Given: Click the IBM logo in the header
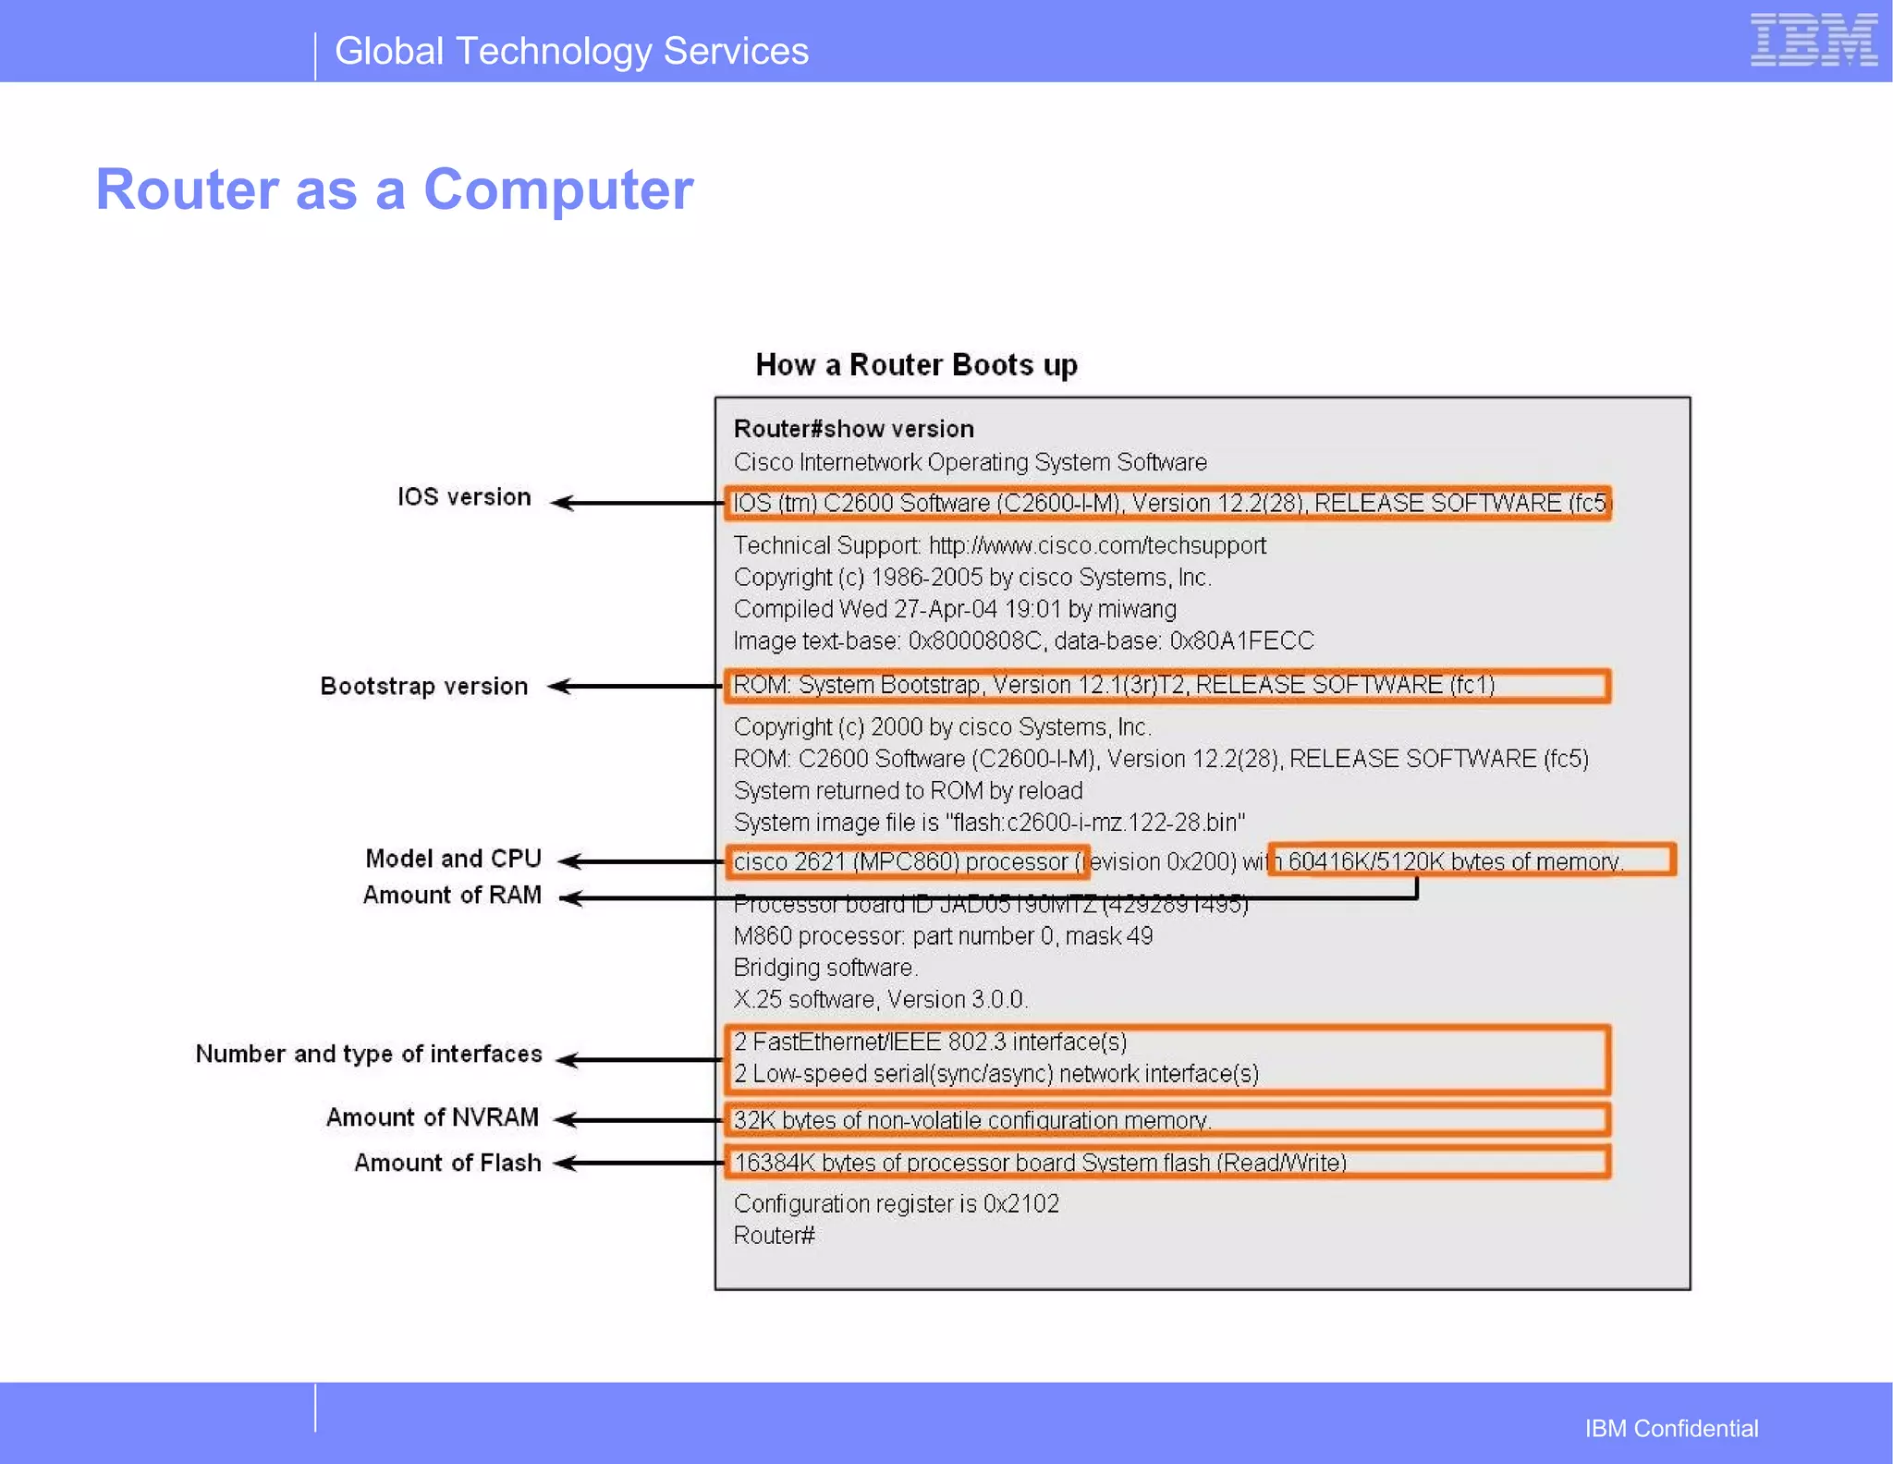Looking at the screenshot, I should (x=1813, y=41).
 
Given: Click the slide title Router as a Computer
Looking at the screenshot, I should (x=395, y=189).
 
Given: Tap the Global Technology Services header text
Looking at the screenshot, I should (x=571, y=52).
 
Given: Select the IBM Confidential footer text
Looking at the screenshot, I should (x=1671, y=1428).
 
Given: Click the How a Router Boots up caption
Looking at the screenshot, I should (x=916, y=365).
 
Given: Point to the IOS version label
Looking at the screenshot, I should (x=464, y=497).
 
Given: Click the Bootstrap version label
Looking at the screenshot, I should (x=424, y=687).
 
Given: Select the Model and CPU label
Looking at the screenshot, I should (x=453, y=859).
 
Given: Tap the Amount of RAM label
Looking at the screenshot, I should (x=452, y=895).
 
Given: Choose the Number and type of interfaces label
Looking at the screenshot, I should (x=369, y=1054).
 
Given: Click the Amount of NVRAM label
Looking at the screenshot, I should (x=433, y=1117).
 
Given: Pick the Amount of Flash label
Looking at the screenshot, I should (x=447, y=1163).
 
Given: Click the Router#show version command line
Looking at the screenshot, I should (x=853, y=429).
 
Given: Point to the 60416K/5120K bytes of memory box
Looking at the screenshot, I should (x=1471, y=860).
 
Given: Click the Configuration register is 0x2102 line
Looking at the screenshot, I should (x=896, y=1203).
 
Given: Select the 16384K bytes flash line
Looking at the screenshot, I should (x=1039, y=1163).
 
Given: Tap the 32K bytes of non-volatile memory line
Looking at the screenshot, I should (x=971, y=1120).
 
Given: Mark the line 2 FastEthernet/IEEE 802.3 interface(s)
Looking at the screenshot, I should (x=930, y=1043).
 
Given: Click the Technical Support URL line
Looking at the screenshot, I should (x=999, y=545).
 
